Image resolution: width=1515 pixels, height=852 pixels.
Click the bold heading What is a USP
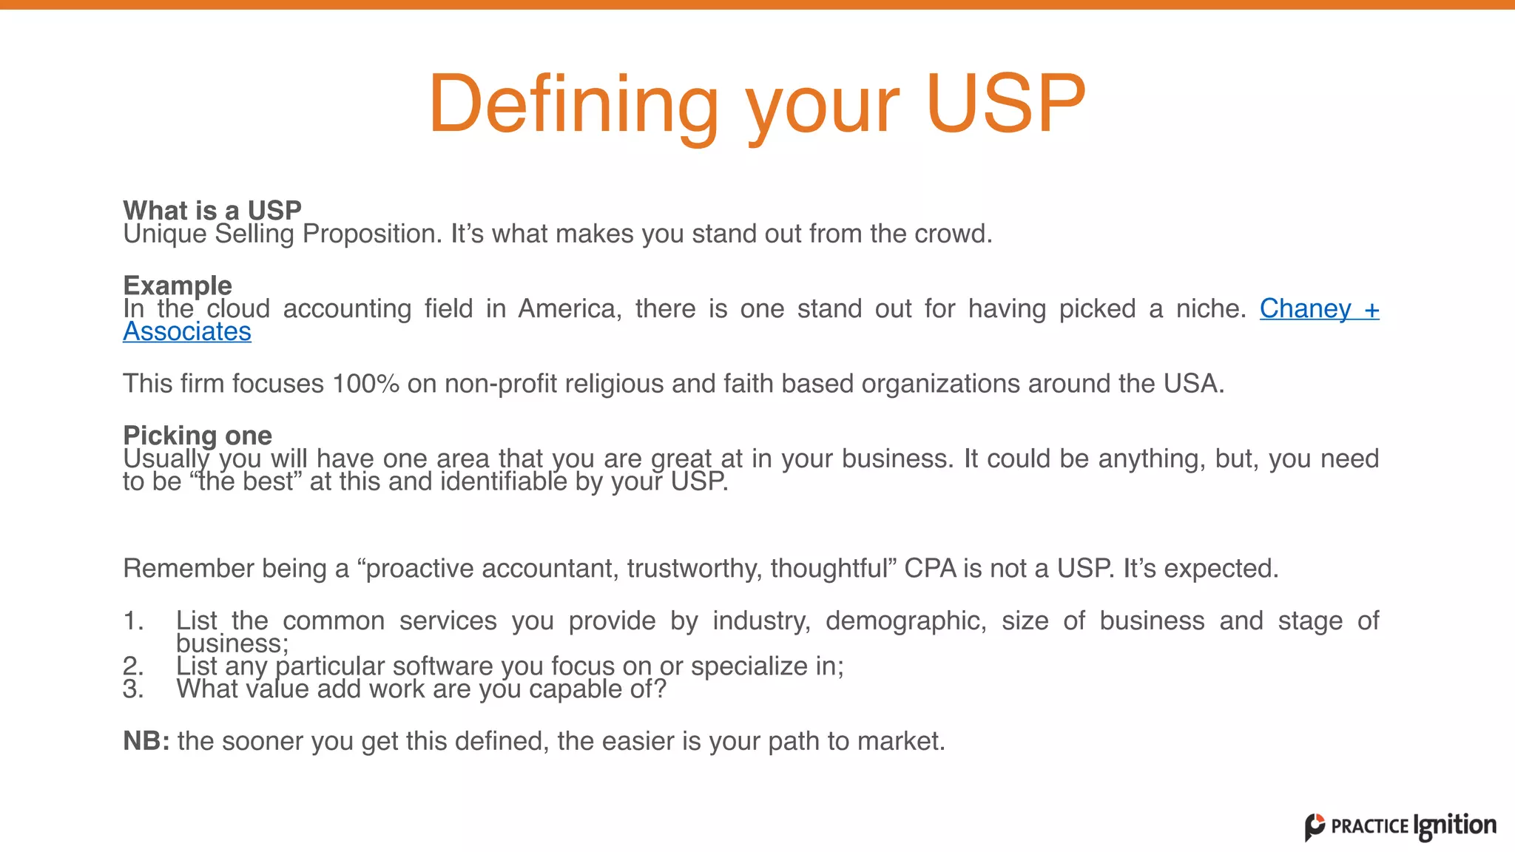(x=212, y=210)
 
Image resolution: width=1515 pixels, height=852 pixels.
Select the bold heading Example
(x=178, y=285)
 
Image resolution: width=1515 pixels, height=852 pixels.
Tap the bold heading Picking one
(x=198, y=435)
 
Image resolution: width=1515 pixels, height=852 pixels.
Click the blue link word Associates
(x=187, y=331)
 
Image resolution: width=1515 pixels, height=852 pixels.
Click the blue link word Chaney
(x=1305, y=308)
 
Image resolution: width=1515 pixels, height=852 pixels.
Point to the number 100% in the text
(x=365, y=384)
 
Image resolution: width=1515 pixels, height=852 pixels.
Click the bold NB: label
(x=146, y=740)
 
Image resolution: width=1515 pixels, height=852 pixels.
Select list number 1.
(x=133, y=621)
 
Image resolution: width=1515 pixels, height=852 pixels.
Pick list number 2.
(x=133, y=666)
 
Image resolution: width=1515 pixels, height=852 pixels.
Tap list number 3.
(x=133, y=689)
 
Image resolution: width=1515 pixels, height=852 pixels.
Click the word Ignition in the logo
(x=1454, y=826)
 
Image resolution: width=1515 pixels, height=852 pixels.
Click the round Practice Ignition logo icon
(x=1315, y=827)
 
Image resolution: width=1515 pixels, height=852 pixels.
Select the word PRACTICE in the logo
(x=1369, y=827)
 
